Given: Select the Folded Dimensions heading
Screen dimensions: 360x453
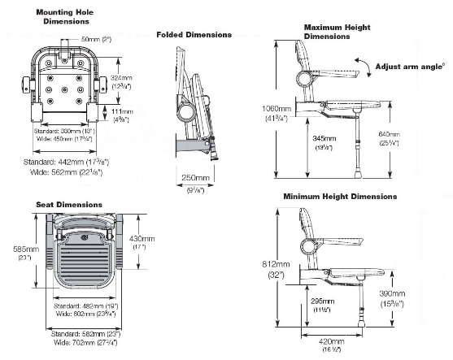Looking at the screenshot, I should (194, 35).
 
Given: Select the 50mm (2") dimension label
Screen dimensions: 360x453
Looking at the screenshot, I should (96, 39).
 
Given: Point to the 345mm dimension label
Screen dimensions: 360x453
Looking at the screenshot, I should (324, 139).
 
